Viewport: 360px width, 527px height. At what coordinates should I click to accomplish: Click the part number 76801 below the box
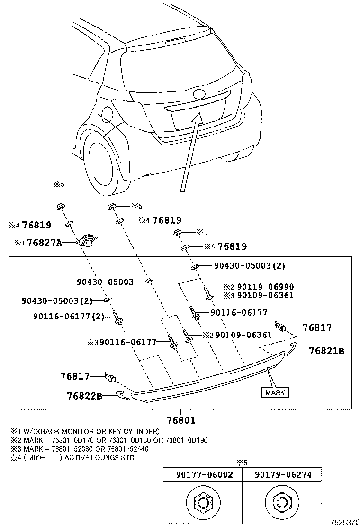coord(180,419)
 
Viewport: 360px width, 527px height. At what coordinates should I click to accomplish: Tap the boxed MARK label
coord(275,392)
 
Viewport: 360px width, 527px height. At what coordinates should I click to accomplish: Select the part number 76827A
coord(45,243)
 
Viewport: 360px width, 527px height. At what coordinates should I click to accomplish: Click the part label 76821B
coord(326,351)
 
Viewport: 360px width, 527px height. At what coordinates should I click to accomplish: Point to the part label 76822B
coord(84,396)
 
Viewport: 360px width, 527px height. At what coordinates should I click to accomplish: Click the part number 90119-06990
coord(265,287)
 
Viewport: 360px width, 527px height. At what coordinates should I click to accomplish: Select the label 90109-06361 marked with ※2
coord(243,335)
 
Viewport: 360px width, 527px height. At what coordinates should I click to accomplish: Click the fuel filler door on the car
coord(106,115)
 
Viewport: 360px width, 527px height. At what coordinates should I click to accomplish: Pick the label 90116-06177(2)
coord(69,317)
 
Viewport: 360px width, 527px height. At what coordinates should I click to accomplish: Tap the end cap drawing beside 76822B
coord(124,395)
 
